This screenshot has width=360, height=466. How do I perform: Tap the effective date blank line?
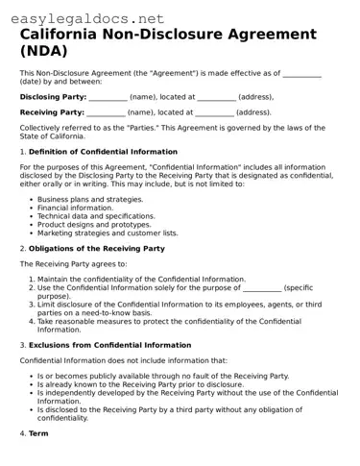pos(302,75)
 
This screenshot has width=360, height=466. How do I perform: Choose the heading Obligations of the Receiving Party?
pos(96,248)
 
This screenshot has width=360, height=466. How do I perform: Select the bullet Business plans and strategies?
pos(89,199)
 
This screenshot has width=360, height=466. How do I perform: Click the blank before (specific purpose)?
pos(262,288)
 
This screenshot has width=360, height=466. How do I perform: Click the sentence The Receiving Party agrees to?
pos(73,263)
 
